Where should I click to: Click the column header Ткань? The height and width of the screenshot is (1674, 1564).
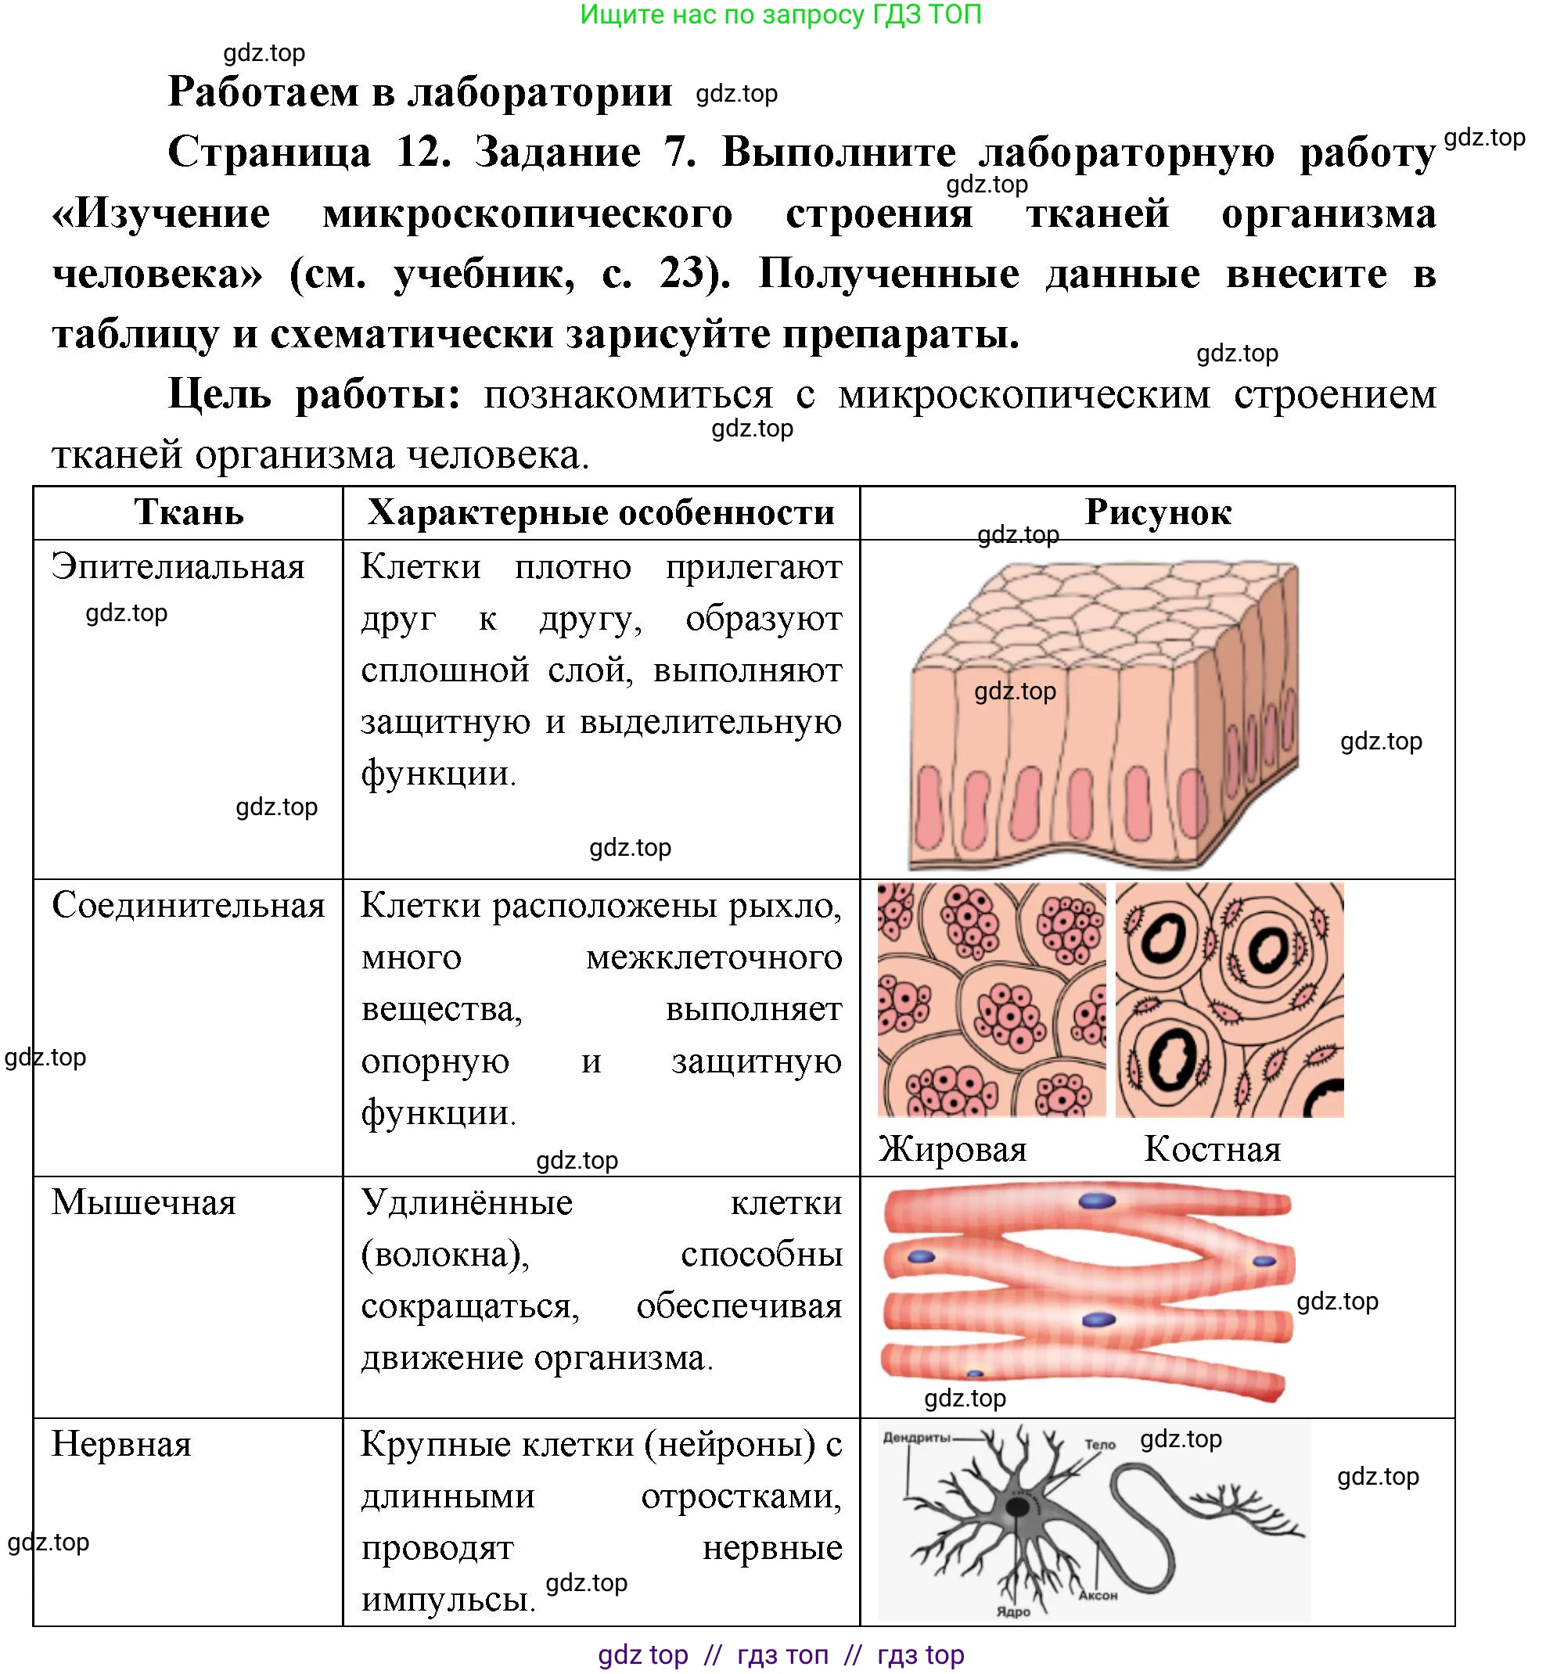point(189,512)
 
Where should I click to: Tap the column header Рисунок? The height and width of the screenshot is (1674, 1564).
point(1158,512)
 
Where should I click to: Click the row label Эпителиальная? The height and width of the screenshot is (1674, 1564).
point(178,566)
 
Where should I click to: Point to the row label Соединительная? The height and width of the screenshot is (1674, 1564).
point(189,905)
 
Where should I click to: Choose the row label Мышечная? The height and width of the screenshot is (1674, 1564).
point(144,1202)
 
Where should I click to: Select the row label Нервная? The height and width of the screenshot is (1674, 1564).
point(122,1444)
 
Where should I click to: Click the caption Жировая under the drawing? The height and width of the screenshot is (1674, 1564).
point(952,1149)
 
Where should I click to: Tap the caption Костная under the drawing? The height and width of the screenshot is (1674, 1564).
point(1212,1149)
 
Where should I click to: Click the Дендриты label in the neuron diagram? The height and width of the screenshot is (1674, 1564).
point(917,1438)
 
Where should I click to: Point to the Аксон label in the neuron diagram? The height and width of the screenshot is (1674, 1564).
point(1098,1595)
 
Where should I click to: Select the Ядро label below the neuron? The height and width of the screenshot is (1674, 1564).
point(1013,1611)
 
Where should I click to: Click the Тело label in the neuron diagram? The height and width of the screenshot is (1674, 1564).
point(1100,1445)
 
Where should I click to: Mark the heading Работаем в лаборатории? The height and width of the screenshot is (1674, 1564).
point(420,92)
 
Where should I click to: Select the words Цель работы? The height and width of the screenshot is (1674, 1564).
point(315,394)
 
